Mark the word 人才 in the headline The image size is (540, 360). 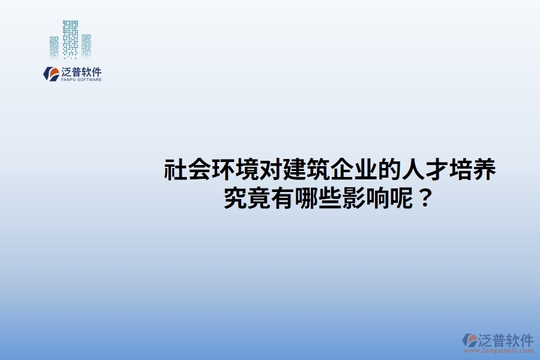pyautogui.click(x=424, y=171)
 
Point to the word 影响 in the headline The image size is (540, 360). pyautogui.click(x=365, y=198)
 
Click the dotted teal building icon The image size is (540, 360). pyautogui.click(x=71, y=40)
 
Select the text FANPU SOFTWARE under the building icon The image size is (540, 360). pyautogui.click(x=81, y=80)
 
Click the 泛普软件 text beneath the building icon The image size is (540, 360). pyautogui.click(x=81, y=71)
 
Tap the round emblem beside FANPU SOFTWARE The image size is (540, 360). pyautogui.click(x=51, y=74)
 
